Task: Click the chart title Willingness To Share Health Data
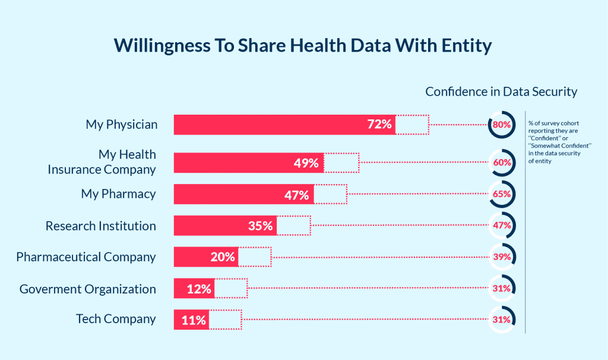click(x=303, y=46)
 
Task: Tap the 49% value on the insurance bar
click(x=306, y=163)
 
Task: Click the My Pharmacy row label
click(x=118, y=194)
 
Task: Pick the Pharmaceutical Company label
click(x=86, y=257)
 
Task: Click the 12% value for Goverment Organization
click(x=198, y=289)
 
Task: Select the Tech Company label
click(x=116, y=319)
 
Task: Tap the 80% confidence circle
click(x=502, y=125)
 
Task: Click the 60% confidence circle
click(x=502, y=163)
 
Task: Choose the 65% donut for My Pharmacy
click(x=502, y=194)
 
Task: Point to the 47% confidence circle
click(x=502, y=226)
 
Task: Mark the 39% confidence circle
click(x=502, y=257)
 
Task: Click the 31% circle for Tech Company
click(x=502, y=320)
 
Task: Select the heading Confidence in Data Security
click(x=501, y=91)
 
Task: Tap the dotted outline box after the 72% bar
click(x=412, y=125)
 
